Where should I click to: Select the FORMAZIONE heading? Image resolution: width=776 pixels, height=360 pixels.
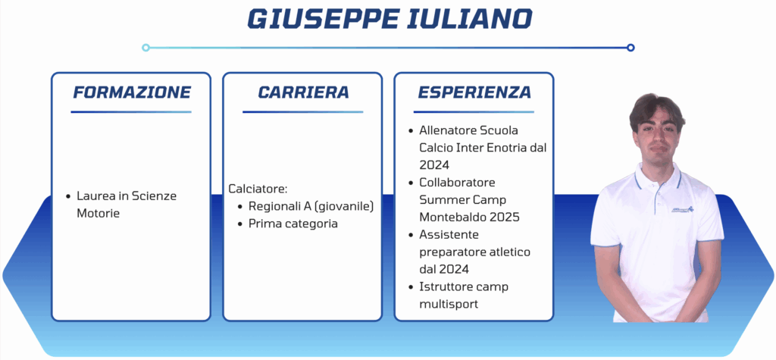coord(132,92)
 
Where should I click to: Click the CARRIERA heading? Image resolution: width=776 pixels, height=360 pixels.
coord(303,92)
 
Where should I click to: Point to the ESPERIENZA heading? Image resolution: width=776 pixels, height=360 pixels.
coord(474,92)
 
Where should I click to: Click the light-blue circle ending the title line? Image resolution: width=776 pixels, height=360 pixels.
coord(145,48)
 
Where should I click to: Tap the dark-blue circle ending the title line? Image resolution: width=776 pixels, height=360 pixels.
coord(630,48)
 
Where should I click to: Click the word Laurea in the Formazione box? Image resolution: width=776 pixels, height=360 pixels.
coord(92,196)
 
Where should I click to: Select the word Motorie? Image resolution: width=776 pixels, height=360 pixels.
coord(98,214)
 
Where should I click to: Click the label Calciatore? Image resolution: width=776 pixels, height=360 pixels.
coord(258,189)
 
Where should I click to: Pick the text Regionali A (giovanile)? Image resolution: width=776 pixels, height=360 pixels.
coord(311,206)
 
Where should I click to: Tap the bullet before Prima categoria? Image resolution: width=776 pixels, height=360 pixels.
coord(240,224)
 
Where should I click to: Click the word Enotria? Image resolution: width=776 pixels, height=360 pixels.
coord(504,148)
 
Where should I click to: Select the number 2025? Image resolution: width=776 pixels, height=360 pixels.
coord(503,218)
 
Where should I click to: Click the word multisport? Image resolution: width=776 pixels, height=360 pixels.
coord(449,304)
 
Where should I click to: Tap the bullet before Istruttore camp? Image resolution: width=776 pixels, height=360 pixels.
coord(411,287)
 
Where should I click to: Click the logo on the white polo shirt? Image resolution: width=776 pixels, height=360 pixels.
coord(683,209)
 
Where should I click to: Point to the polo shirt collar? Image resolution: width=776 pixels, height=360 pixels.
coord(658,174)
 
